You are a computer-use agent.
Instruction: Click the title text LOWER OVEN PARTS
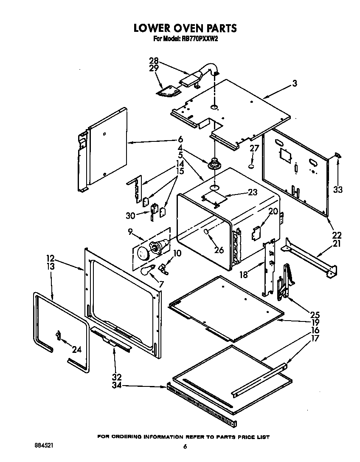coord(185,28)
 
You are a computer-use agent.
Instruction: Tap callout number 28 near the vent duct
coord(154,60)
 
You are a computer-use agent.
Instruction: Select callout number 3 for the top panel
coord(295,84)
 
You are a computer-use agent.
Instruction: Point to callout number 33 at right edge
coord(337,189)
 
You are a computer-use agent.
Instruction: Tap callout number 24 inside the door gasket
coord(76,350)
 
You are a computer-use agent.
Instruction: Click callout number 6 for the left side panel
coord(180,139)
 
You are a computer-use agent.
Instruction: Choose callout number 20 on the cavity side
coord(273,211)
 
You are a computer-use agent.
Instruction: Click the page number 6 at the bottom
coord(185,446)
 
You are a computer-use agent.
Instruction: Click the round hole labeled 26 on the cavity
coord(207,231)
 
